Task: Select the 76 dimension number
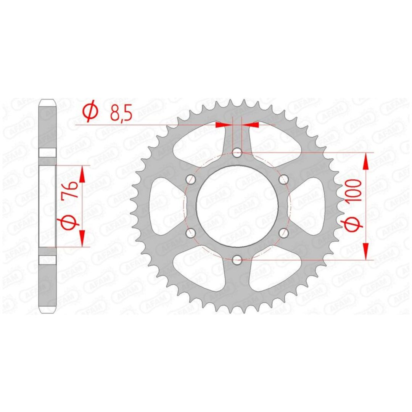click(71, 190)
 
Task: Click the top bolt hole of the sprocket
click(237, 152)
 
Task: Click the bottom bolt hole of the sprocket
click(237, 260)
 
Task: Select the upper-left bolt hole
click(190, 179)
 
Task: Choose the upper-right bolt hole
click(284, 179)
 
